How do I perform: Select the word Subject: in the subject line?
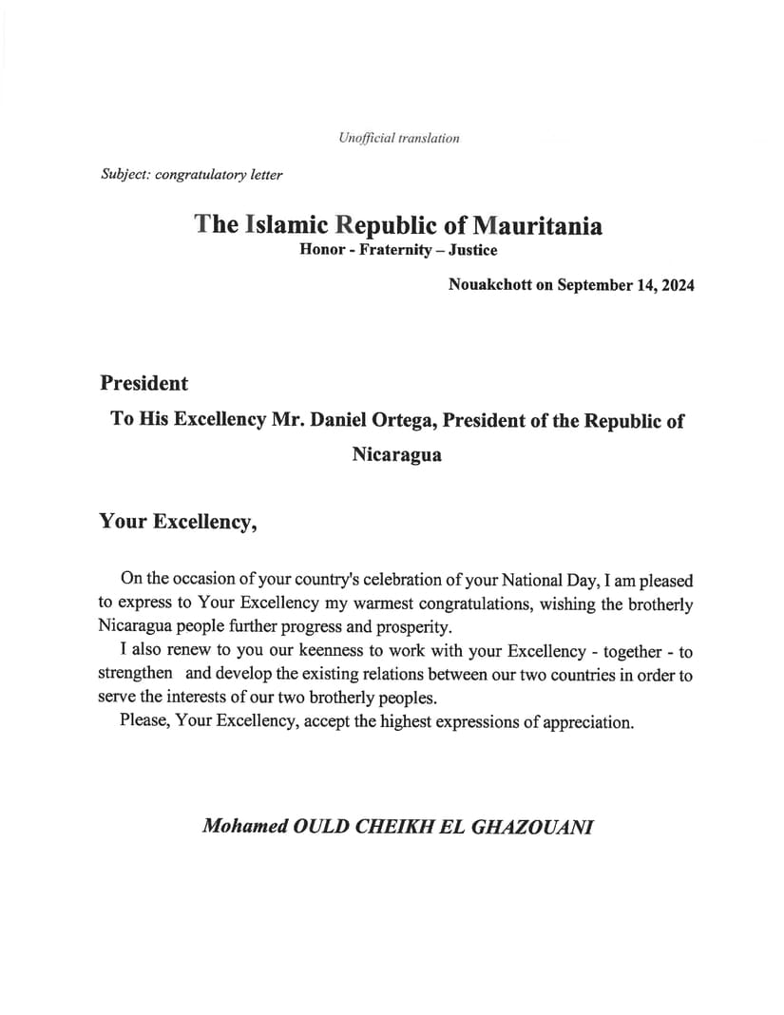coord(124,174)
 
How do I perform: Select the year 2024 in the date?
coord(674,285)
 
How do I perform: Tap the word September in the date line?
coord(597,285)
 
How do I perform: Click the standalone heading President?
coord(143,384)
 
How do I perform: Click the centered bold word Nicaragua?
coord(396,454)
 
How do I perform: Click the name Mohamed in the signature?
coord(246,826)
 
